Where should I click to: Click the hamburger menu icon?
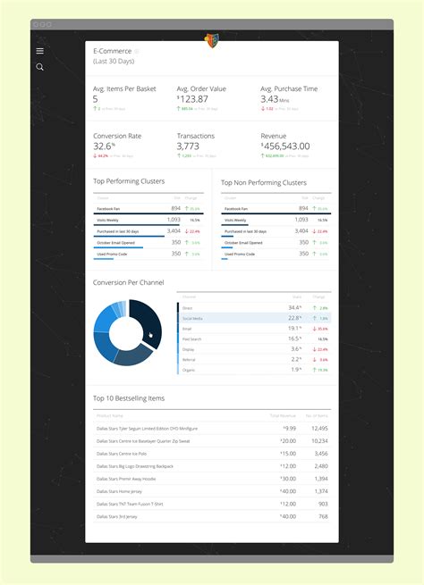coord(39,51)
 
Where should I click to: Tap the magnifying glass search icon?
coord(39,67)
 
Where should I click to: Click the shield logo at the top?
coord(212,40)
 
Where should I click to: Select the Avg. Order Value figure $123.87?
coord(201,99)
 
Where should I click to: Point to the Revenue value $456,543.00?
coord(285,146)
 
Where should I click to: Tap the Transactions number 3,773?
coord(188,146)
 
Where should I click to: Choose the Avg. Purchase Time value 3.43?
coord(270,99)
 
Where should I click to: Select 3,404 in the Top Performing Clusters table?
coord(174,230)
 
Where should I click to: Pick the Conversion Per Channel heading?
coord(128,282)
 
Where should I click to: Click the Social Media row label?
coord(192,318)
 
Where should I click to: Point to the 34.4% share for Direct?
coord(294,307)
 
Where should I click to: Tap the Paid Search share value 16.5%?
coord(294,338)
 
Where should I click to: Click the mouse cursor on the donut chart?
coord(151,336)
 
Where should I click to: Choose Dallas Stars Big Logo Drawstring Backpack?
coord(135,465)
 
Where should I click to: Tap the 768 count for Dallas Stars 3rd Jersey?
coord(321,515)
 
